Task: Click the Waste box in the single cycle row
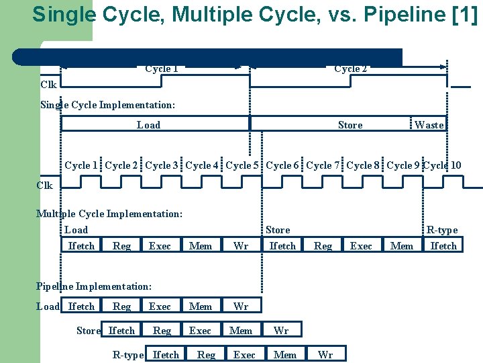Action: (429, 125)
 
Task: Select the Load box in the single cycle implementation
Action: (149, 125)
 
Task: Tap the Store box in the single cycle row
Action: (350, 125)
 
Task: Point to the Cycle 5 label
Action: (242, 165)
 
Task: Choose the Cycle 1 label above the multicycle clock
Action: (81, 165)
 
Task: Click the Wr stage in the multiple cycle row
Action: (241, 246)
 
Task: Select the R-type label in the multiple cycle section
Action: (442, 230)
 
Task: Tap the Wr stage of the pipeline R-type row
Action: (325, 355)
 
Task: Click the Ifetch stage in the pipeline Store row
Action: (121, 330)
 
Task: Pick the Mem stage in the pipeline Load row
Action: (201, 307)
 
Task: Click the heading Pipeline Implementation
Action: (93, 286)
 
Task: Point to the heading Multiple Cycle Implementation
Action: (109, 214)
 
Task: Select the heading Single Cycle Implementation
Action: (107, 105)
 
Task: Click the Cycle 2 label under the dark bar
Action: (350, 69)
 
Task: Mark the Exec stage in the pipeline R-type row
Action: (244, 355)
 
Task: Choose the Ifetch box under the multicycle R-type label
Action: (443, 246)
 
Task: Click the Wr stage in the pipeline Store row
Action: (281, 330)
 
